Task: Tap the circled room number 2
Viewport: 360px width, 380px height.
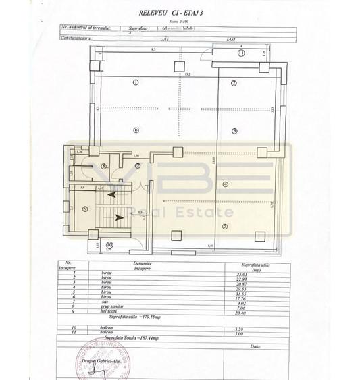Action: (x=233, y=83)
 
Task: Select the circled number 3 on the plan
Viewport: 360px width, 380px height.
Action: (x=234, y=131)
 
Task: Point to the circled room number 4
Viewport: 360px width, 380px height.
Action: (x=226, y=184)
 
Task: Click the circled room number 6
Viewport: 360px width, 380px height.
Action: (x=135, y=131)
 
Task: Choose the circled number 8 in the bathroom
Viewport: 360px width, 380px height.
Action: (x=103, y=166)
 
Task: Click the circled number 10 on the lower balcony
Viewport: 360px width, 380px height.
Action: (x=109, y=245)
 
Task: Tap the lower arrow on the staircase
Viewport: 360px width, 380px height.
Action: (x=118, y=217)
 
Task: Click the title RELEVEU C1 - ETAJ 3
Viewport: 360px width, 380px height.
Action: (x=179, y=12)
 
